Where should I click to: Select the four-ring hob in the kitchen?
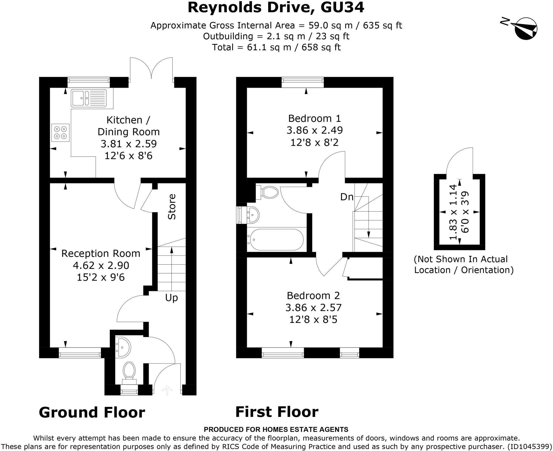(60, 132)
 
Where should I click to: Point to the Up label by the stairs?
(171, 298)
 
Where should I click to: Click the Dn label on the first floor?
(347, 197)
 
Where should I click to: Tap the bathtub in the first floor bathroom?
(276, 239)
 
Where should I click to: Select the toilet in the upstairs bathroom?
(267, 192)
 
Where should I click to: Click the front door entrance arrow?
(167, 390)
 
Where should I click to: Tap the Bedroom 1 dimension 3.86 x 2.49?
(315, 130)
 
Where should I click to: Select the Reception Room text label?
(101, 253)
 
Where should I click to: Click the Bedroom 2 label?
(313, 295)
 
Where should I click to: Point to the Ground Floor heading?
(92, 412)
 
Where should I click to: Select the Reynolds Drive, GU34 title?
(276, 8)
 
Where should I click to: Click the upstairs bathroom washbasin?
(253, 215)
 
